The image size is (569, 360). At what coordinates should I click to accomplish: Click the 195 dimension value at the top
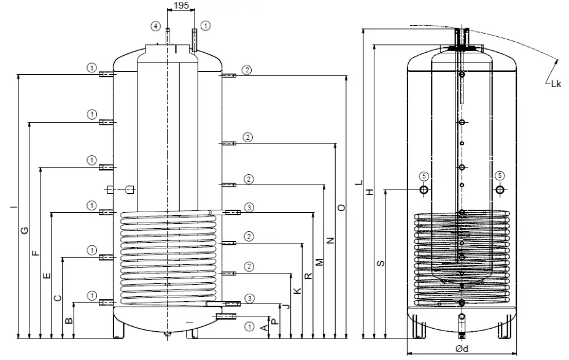click(180, 6)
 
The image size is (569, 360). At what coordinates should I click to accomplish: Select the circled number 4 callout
click(157, 26)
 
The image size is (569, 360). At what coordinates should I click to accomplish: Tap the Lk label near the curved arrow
click(555, 84)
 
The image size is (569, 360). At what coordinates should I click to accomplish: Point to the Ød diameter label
click(463, 349)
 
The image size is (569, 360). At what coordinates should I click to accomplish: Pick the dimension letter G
click(24, 230)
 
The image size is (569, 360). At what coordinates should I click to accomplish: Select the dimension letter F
click(35, 252)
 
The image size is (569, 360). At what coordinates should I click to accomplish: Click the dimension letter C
click(57, 298)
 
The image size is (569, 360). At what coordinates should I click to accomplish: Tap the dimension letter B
click(69, 320)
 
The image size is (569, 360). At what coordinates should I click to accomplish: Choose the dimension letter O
click(342, 208)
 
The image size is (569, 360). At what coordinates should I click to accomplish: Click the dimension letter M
click(319, 262)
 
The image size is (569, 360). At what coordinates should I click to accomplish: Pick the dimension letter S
click(381, 263)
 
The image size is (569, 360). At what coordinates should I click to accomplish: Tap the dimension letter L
click(359, 182)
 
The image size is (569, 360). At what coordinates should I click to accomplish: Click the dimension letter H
click(370, 192)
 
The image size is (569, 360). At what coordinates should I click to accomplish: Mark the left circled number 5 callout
click(424, 175)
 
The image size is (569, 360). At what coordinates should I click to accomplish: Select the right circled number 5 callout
click(500, 175)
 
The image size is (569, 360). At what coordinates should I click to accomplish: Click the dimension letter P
click(275, 320)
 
